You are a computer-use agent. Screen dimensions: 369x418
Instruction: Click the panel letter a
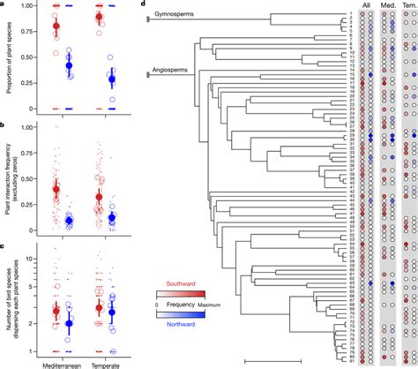point(4,4)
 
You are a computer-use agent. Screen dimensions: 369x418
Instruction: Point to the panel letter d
point(144,4)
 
